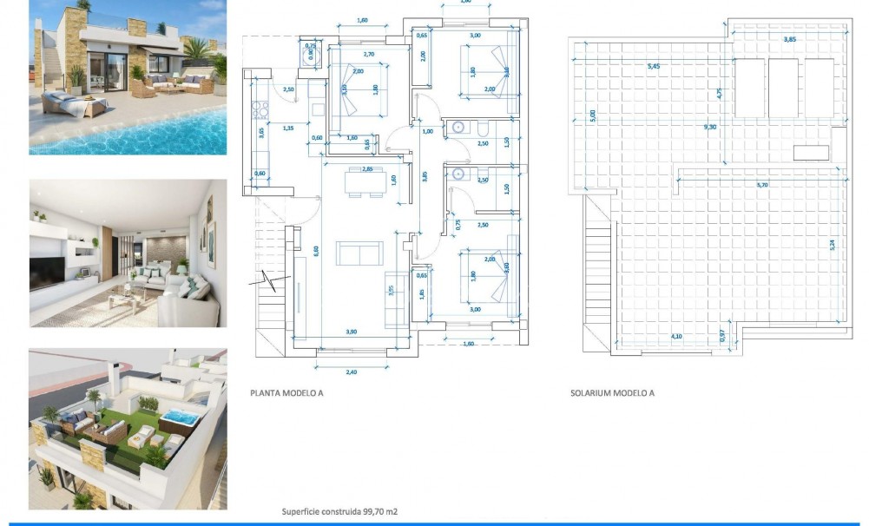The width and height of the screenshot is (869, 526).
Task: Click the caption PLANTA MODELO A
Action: pyautogui.click(x=286, y=393)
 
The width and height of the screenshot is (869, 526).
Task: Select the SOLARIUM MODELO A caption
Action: pyautogui.click(x=612, y=393)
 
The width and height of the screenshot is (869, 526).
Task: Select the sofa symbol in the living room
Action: pyautogui.click(x=359, y=253)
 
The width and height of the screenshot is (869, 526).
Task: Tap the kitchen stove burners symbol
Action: pyautogui.click(x=257, y=110)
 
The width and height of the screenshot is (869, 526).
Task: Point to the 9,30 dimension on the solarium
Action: pyautogui.click(x=710, y=127)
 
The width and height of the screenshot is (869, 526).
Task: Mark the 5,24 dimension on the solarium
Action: pyautogui.click(x=832, y=245)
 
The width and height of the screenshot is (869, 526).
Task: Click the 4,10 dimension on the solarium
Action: pyautogui.click(x=675, y=336)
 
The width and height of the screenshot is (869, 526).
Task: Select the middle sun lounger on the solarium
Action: pyautogui.click(x=783, y=88)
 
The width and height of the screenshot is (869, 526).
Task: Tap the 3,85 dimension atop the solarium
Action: pyautogui.click(x=789, y=39)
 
